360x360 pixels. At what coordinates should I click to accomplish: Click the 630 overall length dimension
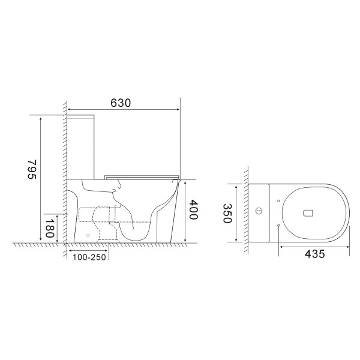(121, 103)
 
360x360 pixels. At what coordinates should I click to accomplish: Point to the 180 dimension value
(50, 227)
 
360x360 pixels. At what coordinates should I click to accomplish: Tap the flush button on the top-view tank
(259, 211)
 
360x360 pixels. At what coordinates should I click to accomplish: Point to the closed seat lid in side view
(142, 176)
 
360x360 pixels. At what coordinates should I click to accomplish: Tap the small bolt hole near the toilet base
(88, 235)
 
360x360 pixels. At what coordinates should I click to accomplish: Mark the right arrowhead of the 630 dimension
(178, 110)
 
